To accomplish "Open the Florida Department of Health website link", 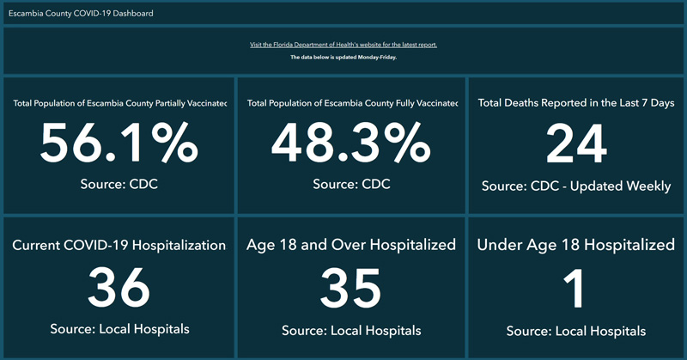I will tap(343, 45).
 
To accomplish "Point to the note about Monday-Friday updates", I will tap(343, 58).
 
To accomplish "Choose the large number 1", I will tap(575, 287).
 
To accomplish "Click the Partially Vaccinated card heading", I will tap(119, 103).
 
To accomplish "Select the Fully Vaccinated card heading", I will tap(351, 103).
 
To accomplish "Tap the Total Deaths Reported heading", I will tap(575, 103).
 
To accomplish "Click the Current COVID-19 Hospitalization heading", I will tap(119, 246).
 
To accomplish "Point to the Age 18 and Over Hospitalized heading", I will tap(351, 246).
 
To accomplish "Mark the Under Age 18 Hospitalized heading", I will tap(575, 246).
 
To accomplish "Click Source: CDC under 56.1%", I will tap(119, 184).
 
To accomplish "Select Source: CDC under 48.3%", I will tap(351, 184).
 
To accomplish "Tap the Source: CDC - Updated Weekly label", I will tap(575, 186).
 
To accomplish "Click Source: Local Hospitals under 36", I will tap(119, 329).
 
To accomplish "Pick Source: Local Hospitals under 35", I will tap(351, 331).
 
